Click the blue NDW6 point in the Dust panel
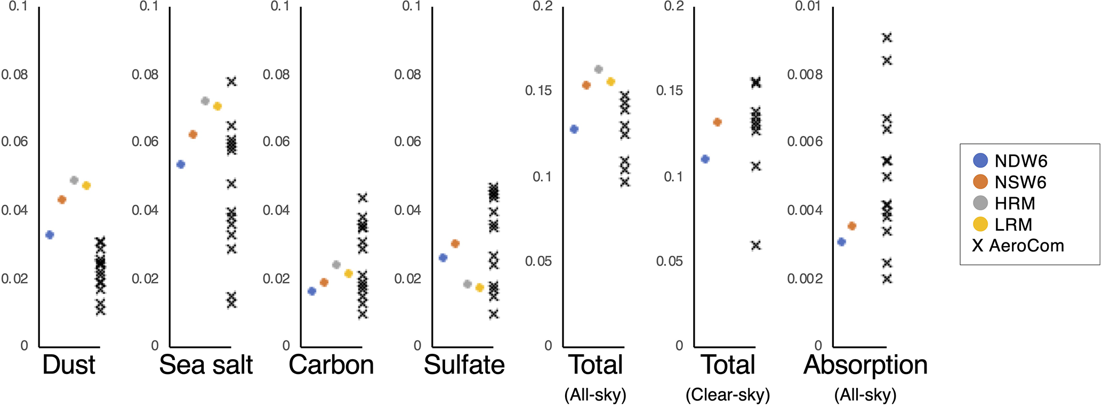pos(50,234)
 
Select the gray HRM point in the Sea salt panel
pos(205,101)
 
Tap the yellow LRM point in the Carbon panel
pos(349,273)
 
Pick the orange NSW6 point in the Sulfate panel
pos(455,243)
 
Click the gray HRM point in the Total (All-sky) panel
pos(598,69)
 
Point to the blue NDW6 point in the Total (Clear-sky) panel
pos(705,159)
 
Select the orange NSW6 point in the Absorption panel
pos(852,226)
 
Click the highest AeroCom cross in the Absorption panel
pos(887,38)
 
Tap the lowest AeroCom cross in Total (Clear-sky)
pos(756,245)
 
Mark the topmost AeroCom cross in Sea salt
pos(231,82)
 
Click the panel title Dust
pos(69,365)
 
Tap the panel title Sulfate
pos(464,365)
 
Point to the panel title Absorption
pos(865,365)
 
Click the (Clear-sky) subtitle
pos(728,395)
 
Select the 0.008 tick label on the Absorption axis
pos(805,75)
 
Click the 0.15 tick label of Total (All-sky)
pos(538,91)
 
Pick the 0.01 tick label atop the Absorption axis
pos(808,6)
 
